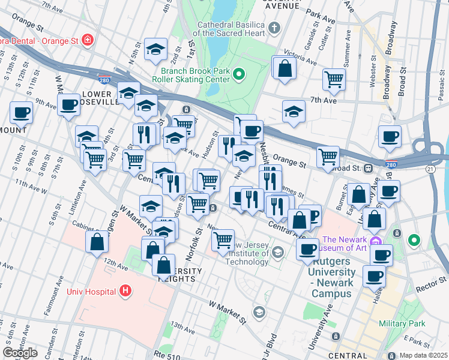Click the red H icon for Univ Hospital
tap(125, 292)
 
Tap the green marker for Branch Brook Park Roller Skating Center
tap(239, 75)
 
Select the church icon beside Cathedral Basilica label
tap(274, 28)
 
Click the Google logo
tap(20, 352)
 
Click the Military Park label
tap(402, 323)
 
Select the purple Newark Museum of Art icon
tap(376, 242)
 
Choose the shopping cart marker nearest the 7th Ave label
tap(334, 79)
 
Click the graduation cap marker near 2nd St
tap(155, 50)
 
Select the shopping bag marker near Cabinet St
tap(97, 243)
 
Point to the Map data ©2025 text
tap(423, 355)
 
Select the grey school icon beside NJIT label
tap(277, 253)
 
